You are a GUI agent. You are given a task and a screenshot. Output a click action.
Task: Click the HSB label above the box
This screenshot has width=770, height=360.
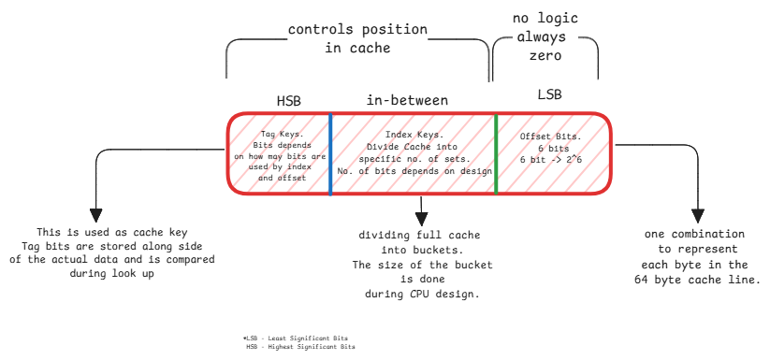(288, 100)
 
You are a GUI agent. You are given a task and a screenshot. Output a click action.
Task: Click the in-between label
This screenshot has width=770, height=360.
(407, 99)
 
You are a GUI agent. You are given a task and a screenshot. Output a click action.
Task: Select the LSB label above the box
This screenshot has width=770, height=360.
(550, 97)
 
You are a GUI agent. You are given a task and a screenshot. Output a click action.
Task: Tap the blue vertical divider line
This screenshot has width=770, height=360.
(330, 153)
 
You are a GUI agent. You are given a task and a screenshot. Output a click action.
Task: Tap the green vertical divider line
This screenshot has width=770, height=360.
(496, 153)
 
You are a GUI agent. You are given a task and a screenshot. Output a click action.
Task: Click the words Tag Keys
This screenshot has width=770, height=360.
(281, 135)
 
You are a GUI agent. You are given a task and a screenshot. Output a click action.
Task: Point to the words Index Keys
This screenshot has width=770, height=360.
(412, 135)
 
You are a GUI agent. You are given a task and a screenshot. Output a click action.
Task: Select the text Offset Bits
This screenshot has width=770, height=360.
(551, 137)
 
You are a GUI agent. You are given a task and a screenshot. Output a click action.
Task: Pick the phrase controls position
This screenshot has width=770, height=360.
(357, 30)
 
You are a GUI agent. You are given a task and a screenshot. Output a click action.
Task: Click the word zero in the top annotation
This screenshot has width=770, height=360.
(545, 56)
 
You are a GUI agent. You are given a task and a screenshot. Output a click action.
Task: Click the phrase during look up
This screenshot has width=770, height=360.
(111, 274)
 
